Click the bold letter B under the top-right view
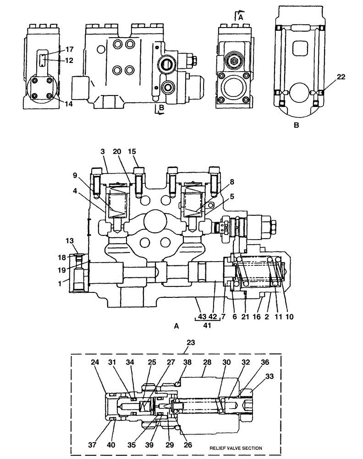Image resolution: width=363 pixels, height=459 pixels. pos(296,124)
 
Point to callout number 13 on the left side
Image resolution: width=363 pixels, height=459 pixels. pos(69,241)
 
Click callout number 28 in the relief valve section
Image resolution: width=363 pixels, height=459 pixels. pos(207,363)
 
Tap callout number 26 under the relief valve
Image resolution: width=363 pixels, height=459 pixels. pos(189,444)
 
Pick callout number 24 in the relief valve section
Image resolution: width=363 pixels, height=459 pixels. pos(95,363)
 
